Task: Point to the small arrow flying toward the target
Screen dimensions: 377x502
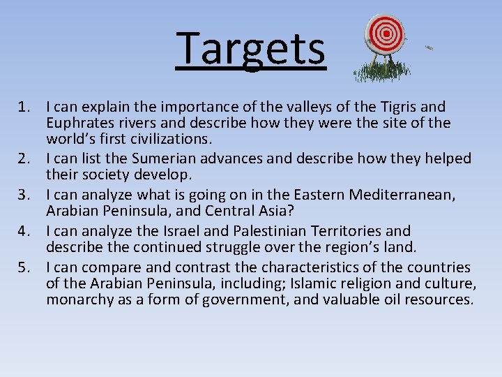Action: (x=429, y=47)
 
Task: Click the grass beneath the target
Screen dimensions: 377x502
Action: (x=381, y=71)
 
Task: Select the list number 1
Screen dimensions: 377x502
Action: (x=24, y=108)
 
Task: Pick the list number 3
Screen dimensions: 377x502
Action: (x=24, y=195)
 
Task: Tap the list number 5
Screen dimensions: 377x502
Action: (x=24, y=267)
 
